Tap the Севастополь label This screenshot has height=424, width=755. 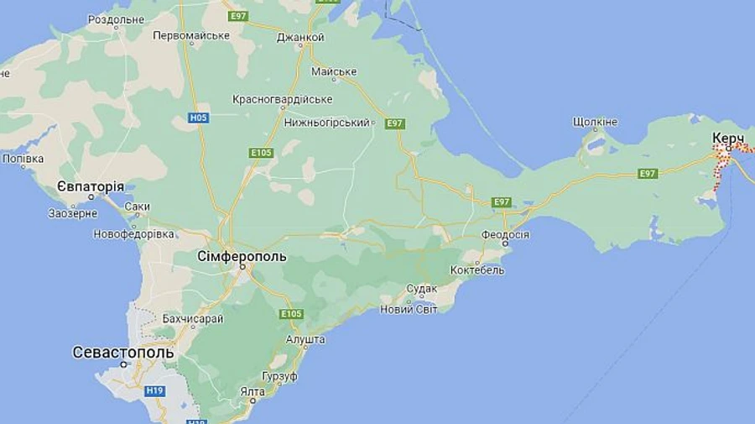[123, 352]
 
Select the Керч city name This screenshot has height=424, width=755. [728, 138]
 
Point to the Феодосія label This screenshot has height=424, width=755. [505, 234]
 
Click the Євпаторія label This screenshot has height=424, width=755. [91, 186]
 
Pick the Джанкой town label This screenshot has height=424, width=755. [299, 37]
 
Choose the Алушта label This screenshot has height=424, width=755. [305, 339]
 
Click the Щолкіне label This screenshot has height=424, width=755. [595, 122]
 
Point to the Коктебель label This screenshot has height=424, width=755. [476, 270]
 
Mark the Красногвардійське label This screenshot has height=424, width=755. [282, 99]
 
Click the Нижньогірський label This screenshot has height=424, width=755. [327, 123]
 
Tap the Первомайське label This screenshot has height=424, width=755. [191, 35]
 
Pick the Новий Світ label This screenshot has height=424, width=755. [409, 309]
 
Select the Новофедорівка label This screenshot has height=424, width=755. [134, 233]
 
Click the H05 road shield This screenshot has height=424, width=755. [198, 118]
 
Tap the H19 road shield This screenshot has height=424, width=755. [154, 390]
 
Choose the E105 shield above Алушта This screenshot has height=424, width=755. [291, 314]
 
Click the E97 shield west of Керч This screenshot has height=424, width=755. [647, 174]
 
